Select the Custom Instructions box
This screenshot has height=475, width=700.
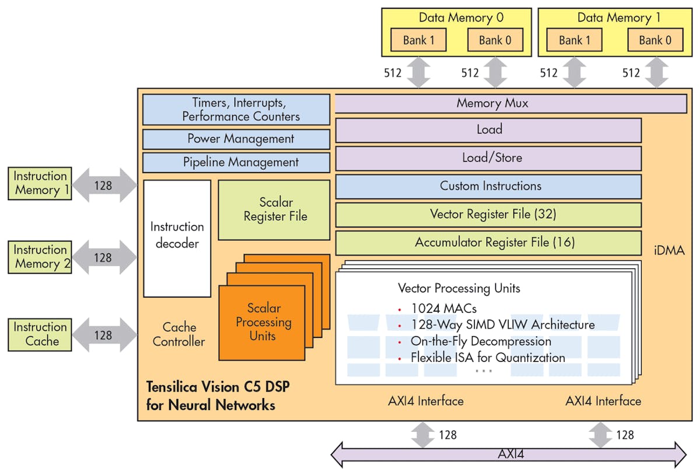tap(488, 186)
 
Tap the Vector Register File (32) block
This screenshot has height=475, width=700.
tap(488, 214)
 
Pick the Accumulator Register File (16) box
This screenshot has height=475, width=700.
tap(488, 242)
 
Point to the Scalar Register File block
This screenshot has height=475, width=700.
tap(274, 209)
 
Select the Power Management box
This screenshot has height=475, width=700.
tap(236, 139)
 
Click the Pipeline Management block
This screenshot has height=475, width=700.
tap(236, 162)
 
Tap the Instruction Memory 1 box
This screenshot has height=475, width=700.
tap(40, 183)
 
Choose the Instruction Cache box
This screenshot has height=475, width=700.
tap(40, 334)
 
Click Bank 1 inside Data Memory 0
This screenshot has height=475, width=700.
tap(418, 40)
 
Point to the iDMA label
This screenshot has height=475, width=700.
tap(669, 251)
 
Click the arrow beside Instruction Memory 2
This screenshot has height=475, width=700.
tap(104, 257)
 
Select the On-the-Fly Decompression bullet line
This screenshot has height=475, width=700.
tap(481, 341)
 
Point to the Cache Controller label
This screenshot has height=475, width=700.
tap(178, 334)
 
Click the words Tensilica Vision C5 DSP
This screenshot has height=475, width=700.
tap(219, 387)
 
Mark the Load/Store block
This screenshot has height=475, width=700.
tap(488, 158)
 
